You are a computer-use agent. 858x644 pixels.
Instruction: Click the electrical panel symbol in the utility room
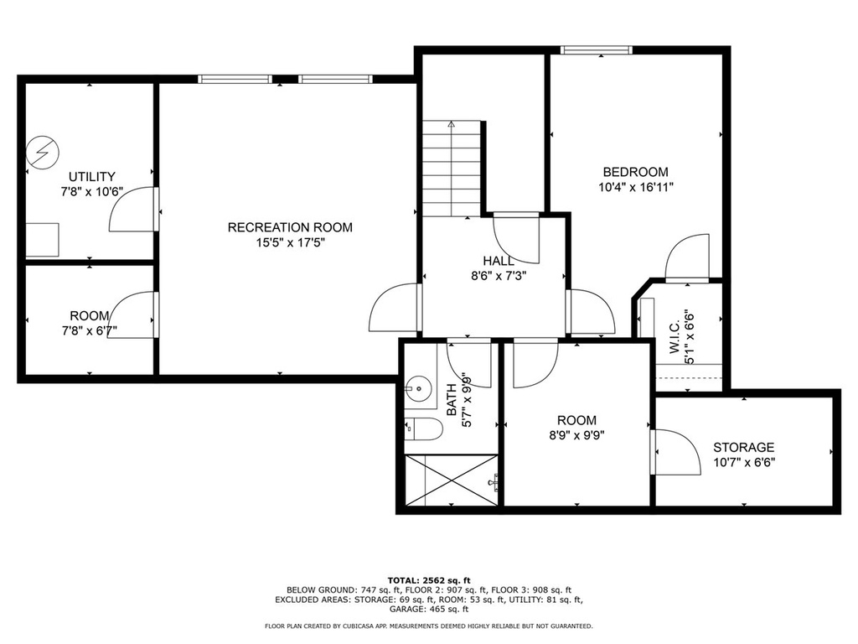click(42, 152)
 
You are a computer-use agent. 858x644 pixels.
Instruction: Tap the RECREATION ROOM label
click(290, 227)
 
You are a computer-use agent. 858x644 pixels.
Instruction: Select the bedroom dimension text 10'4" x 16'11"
click(636, 187)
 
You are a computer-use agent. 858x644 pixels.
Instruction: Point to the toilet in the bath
click(423, 429)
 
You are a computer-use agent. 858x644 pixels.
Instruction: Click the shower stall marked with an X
click(452, 480)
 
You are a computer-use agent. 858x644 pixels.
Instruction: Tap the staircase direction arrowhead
click(451, 124)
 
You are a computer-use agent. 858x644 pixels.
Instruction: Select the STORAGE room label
click(744, 448)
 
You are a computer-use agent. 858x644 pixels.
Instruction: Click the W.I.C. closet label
click(675, 337)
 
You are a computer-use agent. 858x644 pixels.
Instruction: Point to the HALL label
click(499, 262)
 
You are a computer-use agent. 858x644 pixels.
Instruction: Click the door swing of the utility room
click(132, 209)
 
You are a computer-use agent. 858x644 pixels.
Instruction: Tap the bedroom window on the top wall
click(597, 50)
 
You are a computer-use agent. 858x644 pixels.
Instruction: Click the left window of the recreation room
click(235, 79)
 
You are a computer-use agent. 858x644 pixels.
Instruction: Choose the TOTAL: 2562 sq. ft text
click(429, 580)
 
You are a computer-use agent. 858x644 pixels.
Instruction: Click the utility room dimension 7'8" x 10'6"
click(92, 192)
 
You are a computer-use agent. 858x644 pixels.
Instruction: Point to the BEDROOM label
click(636, 172)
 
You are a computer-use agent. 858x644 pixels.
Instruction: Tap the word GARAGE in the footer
click(407, 609)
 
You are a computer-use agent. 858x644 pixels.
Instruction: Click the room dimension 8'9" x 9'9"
click(576, 435)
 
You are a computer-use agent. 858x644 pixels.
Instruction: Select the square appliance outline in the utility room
click(42, 239)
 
